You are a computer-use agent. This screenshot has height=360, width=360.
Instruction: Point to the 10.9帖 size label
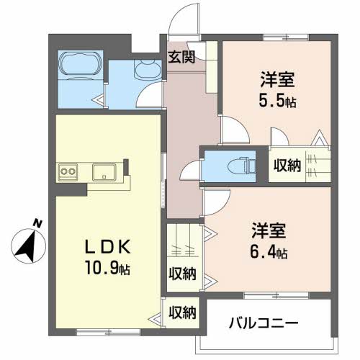click(x=107, y=270)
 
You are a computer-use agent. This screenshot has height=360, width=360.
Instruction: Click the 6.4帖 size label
click(x=268, y=253)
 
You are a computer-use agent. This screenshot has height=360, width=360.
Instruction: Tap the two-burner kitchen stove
click(x=68, y=171)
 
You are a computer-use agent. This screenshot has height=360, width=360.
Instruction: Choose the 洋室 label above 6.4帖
click(x=268, y=232)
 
